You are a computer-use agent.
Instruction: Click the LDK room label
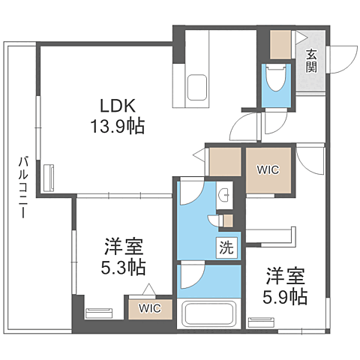[118, 106]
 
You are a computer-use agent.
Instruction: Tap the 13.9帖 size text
[118, 126]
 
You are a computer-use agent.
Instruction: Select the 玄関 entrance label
[311, 61]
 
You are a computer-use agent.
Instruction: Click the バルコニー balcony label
[23, 187]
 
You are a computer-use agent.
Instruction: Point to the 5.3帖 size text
[124, 267]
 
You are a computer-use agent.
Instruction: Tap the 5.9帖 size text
[285, 296]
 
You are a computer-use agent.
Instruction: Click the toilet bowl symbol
[276, 77]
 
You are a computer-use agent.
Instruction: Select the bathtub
[208, 313]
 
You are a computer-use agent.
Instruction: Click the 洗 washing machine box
[226, 247]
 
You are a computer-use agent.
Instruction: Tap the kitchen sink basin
[197, 87]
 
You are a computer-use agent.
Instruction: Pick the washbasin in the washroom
[224, 195]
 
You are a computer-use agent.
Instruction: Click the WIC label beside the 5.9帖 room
[268, 170]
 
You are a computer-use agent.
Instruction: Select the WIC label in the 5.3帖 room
[150, 308]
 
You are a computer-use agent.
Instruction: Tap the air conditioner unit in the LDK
[49, 178]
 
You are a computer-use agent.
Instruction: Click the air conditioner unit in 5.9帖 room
[261, 322]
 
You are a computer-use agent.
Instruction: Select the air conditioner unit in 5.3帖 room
[99, 313]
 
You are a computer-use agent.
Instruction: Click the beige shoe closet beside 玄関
[280, 45]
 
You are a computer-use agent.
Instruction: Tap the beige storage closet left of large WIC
[225, 162]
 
